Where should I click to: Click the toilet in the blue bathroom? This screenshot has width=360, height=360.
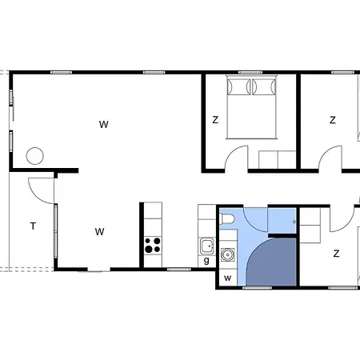point(227,218)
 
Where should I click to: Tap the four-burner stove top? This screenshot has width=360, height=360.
point(153,246)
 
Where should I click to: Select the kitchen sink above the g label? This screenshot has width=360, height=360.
point(207,246)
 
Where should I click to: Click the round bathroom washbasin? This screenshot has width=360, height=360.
point(227,254)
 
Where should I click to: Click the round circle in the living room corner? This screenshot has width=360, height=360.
point(34,156)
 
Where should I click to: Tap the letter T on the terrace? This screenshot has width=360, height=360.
point(33,226)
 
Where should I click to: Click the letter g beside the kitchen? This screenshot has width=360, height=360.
point(206,260)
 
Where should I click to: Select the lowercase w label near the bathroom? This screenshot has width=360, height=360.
point(227,278)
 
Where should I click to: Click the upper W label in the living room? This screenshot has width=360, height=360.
point(104,124)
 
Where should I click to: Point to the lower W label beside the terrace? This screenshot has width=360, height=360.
point(99,231)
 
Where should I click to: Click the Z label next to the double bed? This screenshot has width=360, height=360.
point(215,120)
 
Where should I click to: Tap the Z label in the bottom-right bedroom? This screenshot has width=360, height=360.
point(336,253)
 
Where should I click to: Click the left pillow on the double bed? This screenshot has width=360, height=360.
point(238,86)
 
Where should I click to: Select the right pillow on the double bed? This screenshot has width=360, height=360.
point(264,86)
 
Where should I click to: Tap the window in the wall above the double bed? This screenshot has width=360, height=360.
point(250,72)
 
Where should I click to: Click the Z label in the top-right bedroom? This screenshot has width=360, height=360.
point(332,120)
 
